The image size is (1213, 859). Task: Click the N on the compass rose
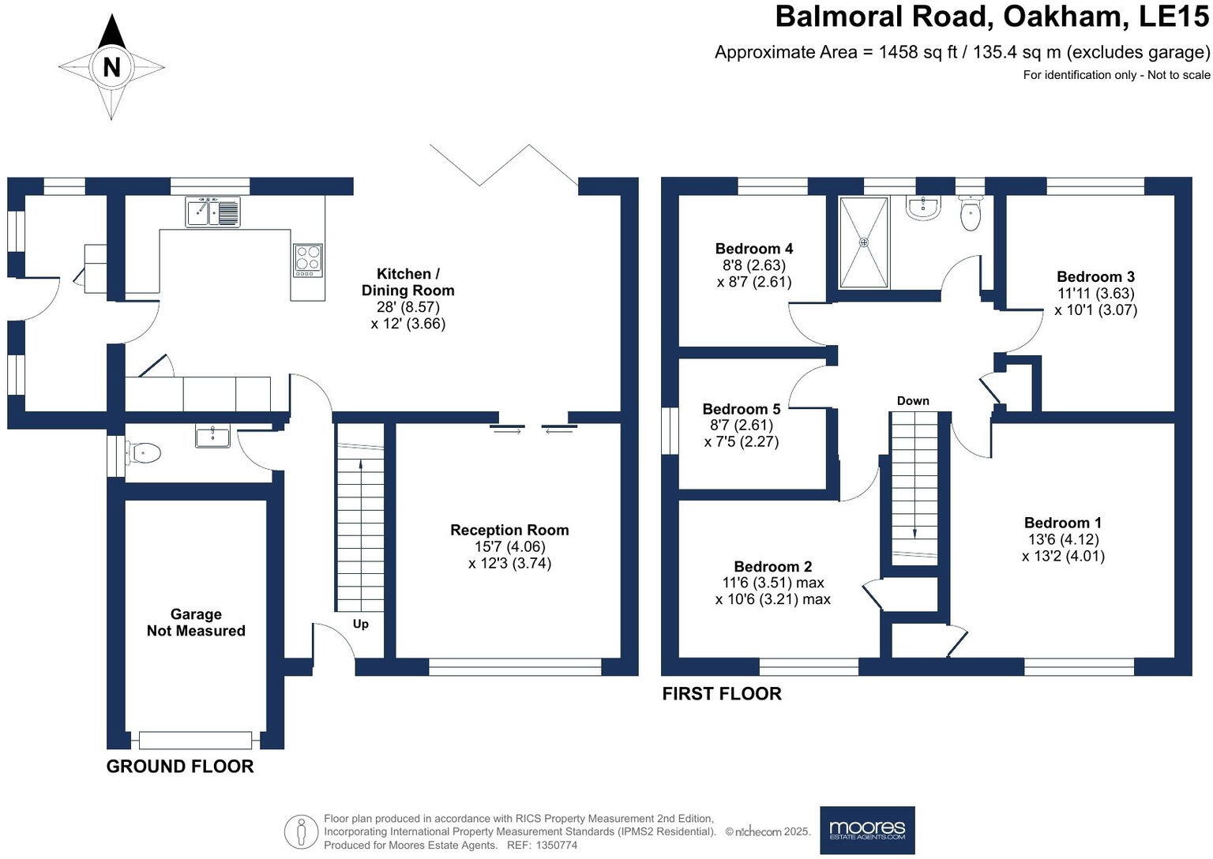[111, 68]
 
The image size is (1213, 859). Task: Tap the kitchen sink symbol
[212, 212]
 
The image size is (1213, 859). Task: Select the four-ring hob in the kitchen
[308, 259]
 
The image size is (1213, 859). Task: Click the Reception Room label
[509, 530]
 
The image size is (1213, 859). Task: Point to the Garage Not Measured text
[196, 622]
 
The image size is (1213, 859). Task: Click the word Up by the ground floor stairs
[360, 624]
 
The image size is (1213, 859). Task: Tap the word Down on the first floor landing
[913, 401]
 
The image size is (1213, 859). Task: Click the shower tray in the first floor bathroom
[863, 242]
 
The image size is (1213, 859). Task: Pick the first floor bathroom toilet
[970, 214]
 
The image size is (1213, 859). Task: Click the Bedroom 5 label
[741, 409]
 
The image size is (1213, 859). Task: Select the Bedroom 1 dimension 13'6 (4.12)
[1062, 539]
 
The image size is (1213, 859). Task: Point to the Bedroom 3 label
[1095, 276]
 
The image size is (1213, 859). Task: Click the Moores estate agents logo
[867, 830]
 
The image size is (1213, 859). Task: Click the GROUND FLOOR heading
[180, 766]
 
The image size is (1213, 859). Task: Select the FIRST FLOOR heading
[721, 693]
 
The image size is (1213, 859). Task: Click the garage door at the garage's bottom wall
[195, 740]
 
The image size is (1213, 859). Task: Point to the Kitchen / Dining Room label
[407, 282]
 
